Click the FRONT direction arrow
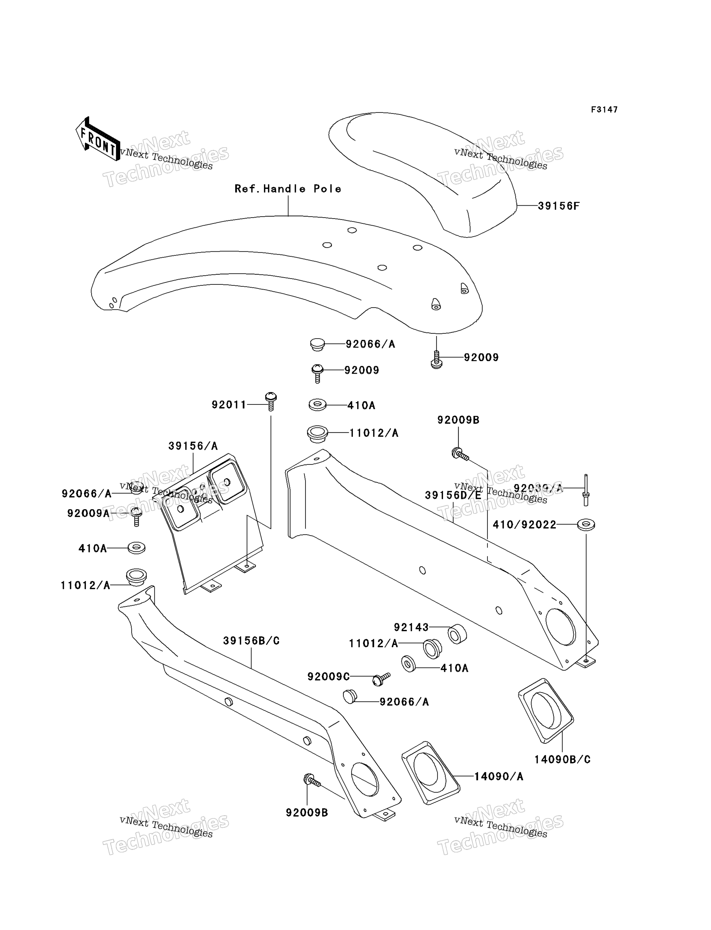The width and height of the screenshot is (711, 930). tap(97, 139)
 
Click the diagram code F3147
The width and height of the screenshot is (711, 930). tap(604, 110)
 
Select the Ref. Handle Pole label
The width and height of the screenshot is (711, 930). tap(288, 189)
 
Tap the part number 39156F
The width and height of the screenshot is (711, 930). tap(558, 206)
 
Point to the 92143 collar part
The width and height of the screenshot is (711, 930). tap(457, 634)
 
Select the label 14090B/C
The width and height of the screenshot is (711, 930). tap(562, 759)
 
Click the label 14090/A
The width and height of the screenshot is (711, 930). tap(499, 776)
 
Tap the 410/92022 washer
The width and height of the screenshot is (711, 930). tap(586, 525)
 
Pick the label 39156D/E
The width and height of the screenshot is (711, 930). tap(453, 495)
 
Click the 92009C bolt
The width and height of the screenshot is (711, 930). tap(381, 679)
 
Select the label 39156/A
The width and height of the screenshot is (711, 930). tap(193, 446)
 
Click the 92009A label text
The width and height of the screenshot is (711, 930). tap(88, 513)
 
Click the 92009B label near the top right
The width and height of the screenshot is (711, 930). tap(458, 420)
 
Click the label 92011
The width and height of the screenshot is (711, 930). tap(229, 405)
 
